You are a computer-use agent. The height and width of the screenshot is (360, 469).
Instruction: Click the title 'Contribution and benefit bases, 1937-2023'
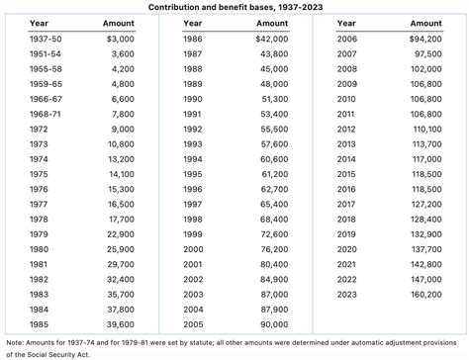tap(234, 7)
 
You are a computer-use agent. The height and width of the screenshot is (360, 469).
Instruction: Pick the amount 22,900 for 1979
tap(120, 233)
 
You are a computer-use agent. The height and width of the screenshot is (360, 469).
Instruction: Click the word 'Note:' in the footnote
tap(17, 342)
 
